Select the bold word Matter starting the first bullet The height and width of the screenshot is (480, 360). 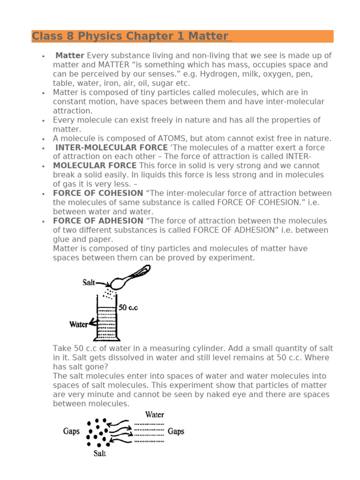[70, 56]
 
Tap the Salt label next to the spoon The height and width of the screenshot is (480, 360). [89, 283]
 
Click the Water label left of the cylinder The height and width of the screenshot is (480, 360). [78, 324]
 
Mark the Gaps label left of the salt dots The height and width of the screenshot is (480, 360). [72, 431]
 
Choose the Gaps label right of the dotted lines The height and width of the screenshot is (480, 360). [176, 431]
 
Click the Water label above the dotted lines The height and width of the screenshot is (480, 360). [155, 414]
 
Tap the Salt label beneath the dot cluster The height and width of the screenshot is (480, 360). [99, 453]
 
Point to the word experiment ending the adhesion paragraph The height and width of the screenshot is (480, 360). [232, 257]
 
